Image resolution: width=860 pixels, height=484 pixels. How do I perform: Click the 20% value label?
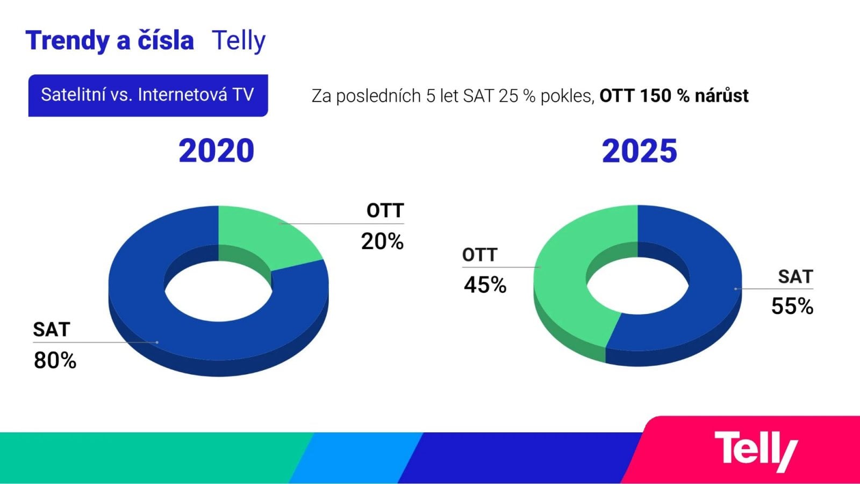click(382, 242)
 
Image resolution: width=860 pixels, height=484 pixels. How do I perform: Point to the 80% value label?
click(55, 360)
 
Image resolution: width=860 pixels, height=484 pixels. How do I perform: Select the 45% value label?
click(485, 285)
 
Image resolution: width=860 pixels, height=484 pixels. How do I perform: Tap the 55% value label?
click(792, 307)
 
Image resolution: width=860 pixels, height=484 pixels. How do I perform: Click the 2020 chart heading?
click(216, 151)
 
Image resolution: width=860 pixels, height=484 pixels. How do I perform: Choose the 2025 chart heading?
click(639, 151)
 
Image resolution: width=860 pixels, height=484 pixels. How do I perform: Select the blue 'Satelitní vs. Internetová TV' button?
click(148, 95)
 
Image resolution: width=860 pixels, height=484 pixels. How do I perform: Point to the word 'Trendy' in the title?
click(67, 41)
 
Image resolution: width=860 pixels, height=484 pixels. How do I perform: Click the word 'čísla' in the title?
click(166, 41)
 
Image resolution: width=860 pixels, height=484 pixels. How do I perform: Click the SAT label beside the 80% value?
click(52, 329)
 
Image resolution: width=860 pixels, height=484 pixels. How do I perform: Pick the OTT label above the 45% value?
click(479, 255)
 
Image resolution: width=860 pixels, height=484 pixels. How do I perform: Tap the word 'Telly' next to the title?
click(239, 41)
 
